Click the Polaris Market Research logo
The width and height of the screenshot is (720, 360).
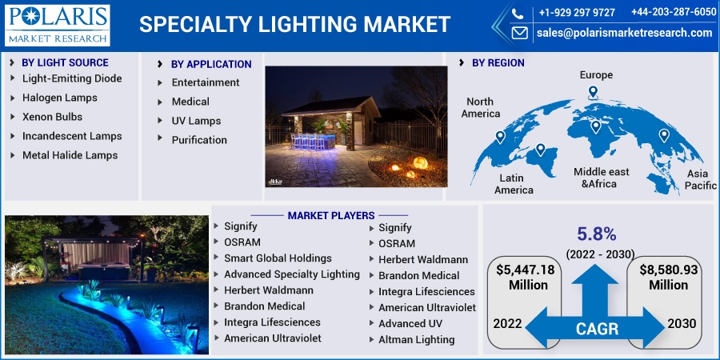[x=58, y=26]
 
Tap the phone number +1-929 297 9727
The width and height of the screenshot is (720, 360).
[x=577, y=13]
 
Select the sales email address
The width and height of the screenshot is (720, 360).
[x=625, y=33]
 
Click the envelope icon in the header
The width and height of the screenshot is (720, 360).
[x=519, y=33]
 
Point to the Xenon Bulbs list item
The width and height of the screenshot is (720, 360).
[x=52, y=117]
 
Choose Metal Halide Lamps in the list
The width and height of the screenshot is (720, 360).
[x=70, y=155]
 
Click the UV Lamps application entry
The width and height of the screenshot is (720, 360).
[x=196, y=121]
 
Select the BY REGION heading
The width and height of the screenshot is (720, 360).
[x=498, y=63]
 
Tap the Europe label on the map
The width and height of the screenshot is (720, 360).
[x=596, y=75]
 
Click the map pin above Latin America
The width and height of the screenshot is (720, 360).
[x=540, y=150]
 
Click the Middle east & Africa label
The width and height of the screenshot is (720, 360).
[x=602, y=178]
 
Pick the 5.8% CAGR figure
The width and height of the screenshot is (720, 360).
[x=597, y=234]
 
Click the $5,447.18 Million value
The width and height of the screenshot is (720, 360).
[x=526, y=277]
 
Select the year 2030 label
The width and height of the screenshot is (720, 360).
[x=682, y=323]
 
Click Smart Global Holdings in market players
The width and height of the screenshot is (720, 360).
[x=278, y=258]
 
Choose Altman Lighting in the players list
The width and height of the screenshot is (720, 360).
[x=417, y=340]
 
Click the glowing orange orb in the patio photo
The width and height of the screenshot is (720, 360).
[x=420, y=162]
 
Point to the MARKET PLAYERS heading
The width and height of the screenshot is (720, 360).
[x=331, y=215]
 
